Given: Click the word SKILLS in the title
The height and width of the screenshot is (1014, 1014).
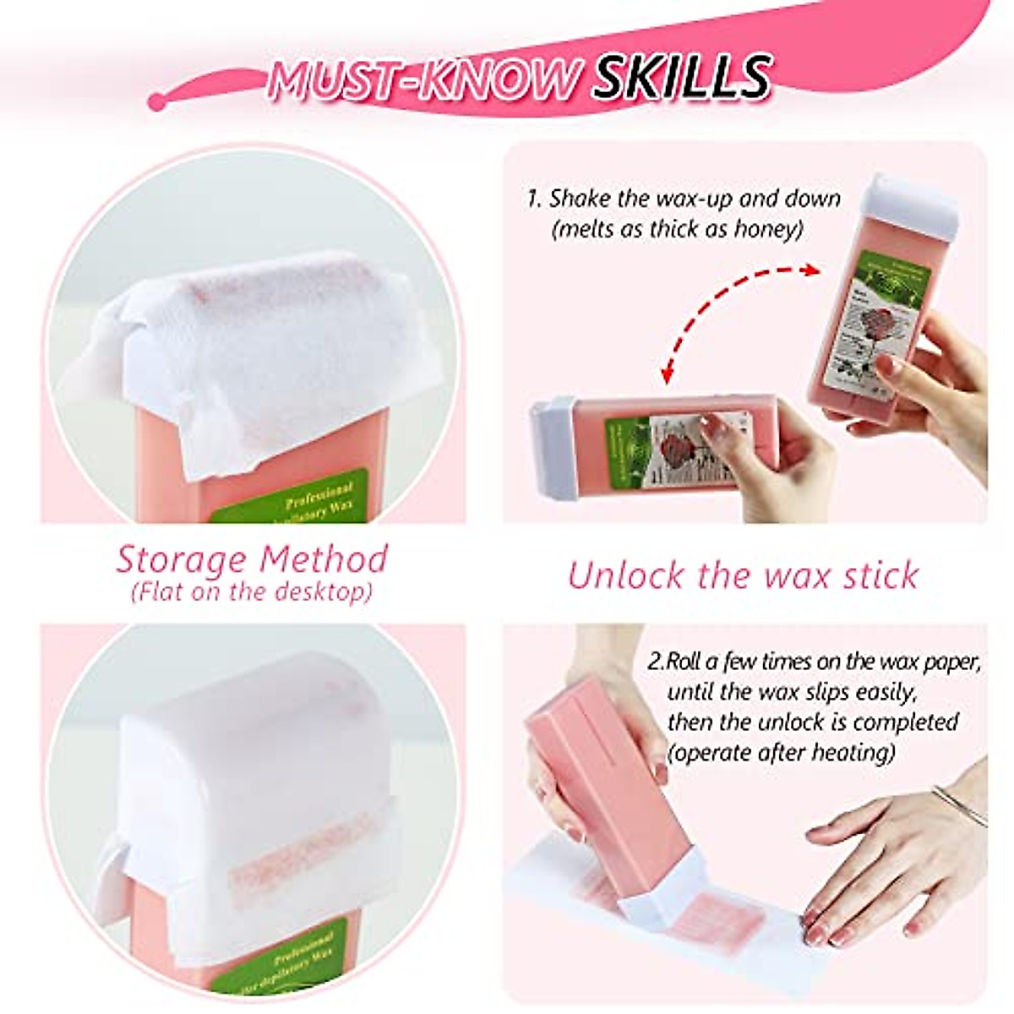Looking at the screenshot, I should (x=681, y=78).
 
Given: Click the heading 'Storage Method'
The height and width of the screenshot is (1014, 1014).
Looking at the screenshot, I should (x=252, y=559).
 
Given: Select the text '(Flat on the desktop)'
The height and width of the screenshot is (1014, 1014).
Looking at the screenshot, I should (x=252, y=591).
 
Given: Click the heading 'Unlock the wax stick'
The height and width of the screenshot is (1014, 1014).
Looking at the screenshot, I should (x=743, y=575).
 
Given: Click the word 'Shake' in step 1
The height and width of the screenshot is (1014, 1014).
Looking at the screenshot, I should (x=579, y=199).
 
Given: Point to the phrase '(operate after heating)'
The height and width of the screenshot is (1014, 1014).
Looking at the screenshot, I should (x=781, y=752).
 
